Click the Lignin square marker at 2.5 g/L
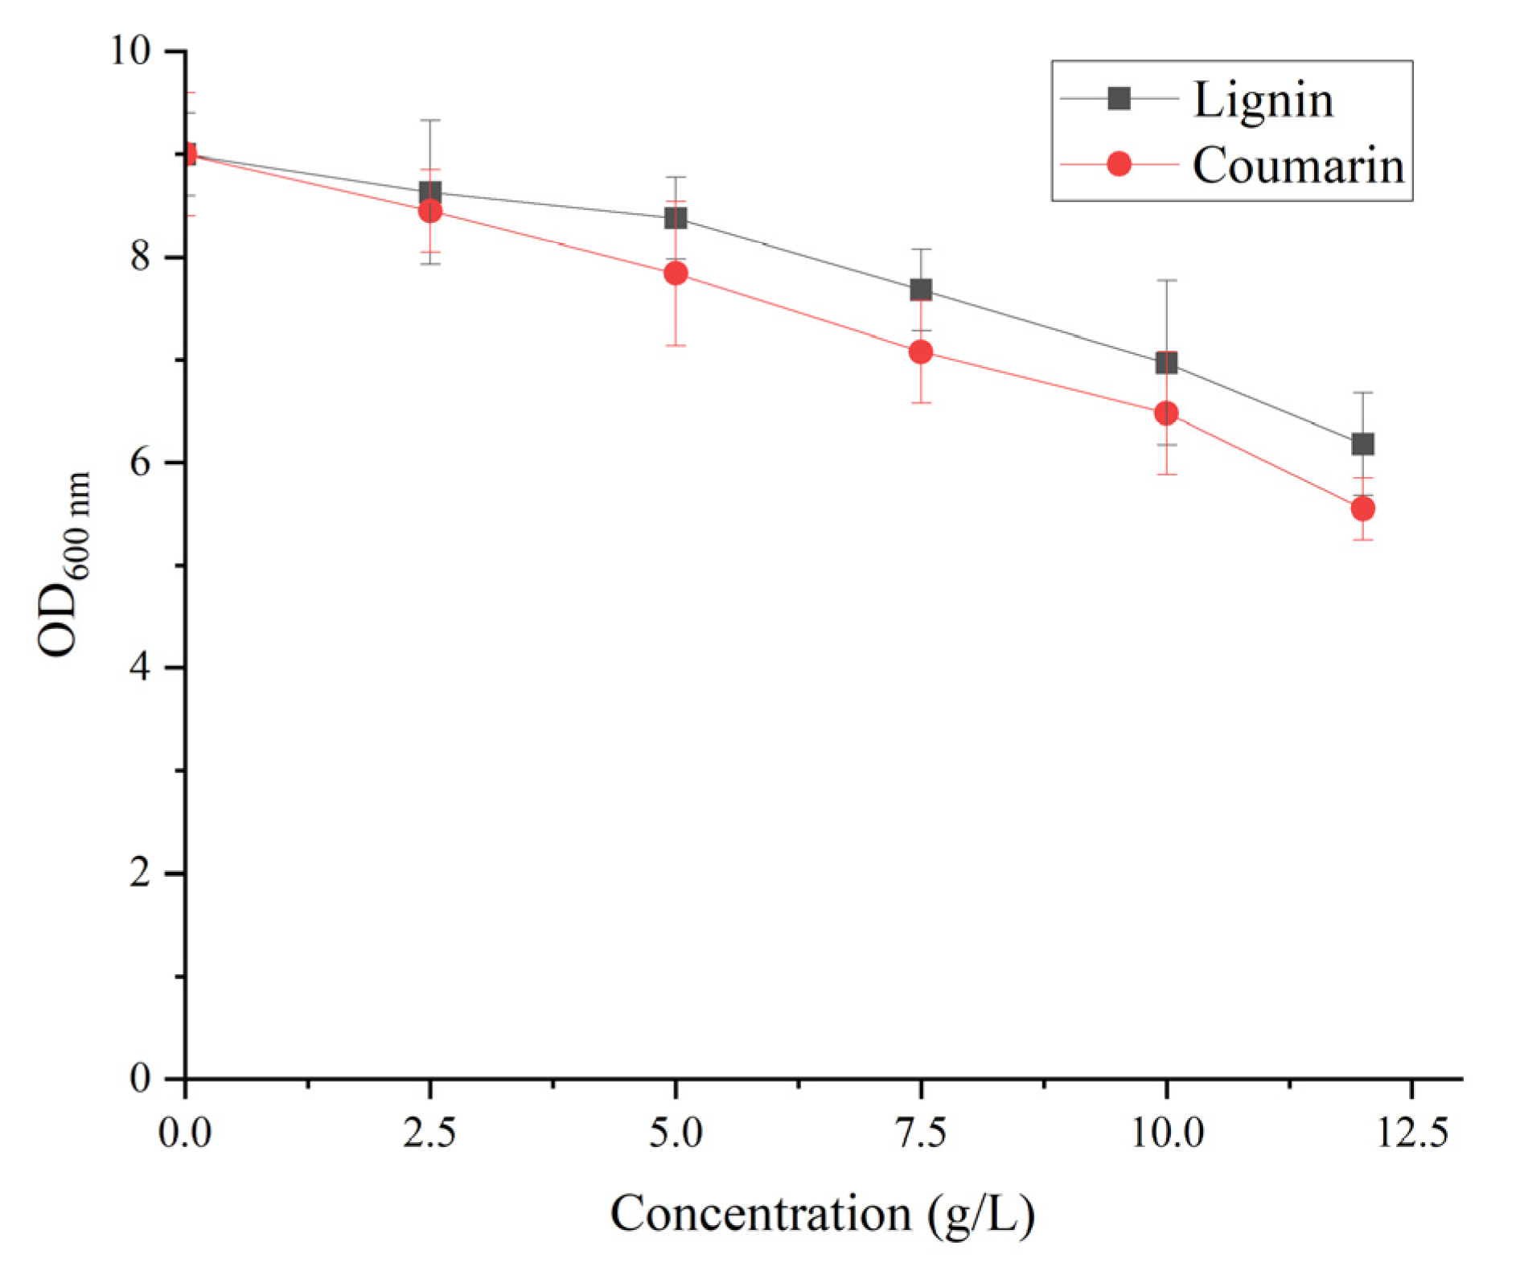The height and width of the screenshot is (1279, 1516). (430, 193)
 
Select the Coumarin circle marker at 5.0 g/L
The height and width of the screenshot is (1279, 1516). (676, 273)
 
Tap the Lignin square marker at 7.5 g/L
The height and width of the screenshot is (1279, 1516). (921, 290)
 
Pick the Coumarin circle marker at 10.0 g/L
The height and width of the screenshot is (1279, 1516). (1166, 413)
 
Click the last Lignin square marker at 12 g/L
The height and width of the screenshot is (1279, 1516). (1362, 444)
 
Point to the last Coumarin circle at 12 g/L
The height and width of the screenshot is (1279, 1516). (1362, 508)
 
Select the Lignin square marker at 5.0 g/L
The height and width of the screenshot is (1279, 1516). (676, 218)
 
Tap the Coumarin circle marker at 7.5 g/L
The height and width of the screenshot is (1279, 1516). (921, 352)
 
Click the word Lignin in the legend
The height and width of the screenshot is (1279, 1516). (1263, 101)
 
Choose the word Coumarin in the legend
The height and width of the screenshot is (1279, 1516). (1298, 166)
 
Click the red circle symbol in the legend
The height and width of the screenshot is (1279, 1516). (1119, 164)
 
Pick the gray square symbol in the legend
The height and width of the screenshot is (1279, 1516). (1119, 99)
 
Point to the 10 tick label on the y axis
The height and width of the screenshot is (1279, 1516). (129, 51)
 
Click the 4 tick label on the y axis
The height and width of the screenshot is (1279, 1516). (140, 667)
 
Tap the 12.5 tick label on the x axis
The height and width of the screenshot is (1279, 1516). (1412, 1133)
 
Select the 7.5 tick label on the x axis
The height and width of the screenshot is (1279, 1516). (921, 1133)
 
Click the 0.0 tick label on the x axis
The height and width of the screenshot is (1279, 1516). (185, 1133)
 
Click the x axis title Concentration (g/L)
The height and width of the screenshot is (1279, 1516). (822, 1215)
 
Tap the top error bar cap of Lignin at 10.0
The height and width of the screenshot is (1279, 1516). (1166, 280)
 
